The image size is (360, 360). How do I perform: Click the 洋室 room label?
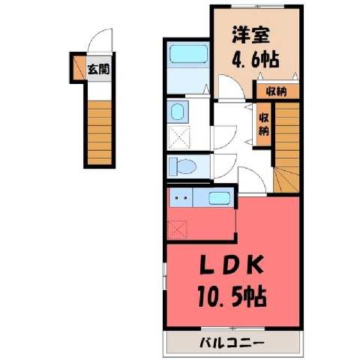coord(250,34)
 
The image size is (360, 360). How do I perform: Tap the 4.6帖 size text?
coord(256,60)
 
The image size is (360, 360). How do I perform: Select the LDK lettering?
coord(232,265)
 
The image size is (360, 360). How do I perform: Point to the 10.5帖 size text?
coord(232,298)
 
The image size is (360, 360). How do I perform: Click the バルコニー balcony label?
coord(232,343)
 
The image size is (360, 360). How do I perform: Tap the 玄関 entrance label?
coord(98,69)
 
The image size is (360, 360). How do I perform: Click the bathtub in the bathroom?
coord(189,55)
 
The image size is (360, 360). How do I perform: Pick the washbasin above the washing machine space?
coord(178,112)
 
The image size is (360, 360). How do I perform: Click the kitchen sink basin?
coord(219,199)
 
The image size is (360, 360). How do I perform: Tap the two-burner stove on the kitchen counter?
coord(181,198)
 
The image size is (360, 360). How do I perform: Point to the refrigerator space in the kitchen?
coord(177,229)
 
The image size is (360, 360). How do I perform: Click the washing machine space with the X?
coord(179,137)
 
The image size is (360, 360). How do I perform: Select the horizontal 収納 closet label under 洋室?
coord(276,92)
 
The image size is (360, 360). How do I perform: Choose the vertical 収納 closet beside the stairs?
coord(264,124)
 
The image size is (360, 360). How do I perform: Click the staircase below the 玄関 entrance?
coord(99,133)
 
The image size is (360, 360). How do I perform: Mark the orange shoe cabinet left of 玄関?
coord(79,67)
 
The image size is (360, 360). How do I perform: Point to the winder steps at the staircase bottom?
coord(286,180)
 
